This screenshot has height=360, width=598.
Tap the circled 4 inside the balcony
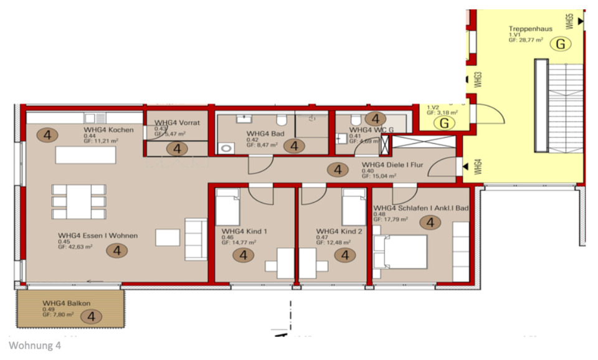(92, 317)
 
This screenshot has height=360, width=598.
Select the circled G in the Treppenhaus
(561, 44)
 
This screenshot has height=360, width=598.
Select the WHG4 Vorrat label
(177, 123)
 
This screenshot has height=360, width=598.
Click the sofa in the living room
(196, 239)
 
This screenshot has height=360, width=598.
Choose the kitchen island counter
(85, 155)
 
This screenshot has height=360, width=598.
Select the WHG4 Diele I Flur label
(394, 165)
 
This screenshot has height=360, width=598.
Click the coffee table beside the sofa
(166, 237)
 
